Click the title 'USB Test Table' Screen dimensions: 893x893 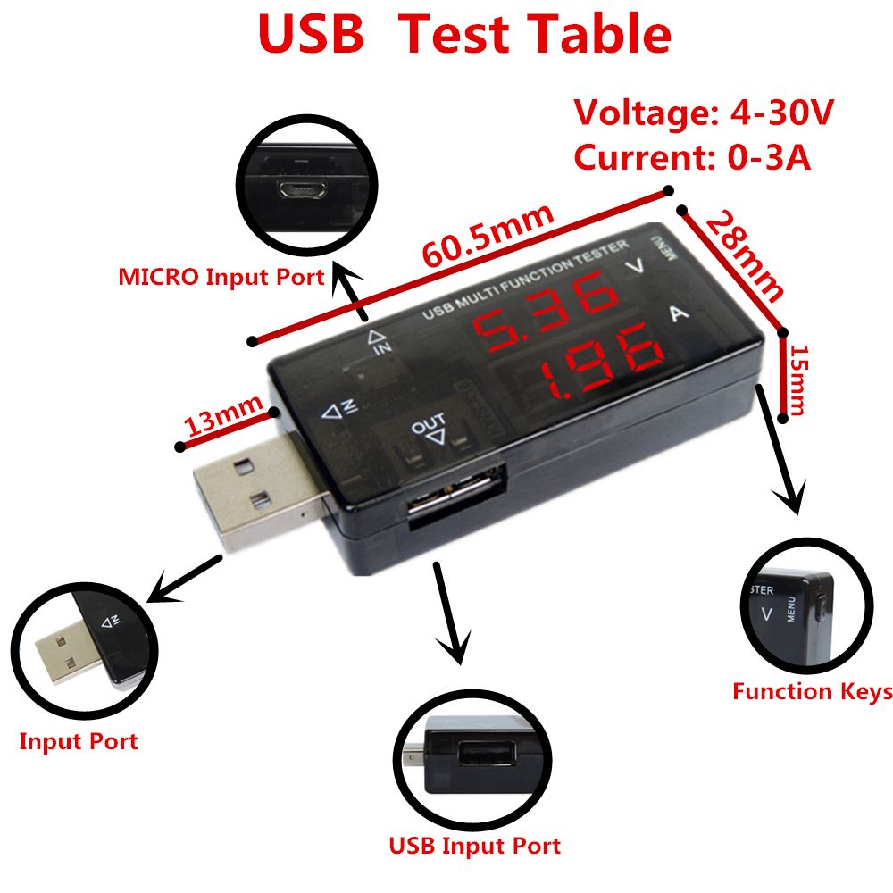(x=464, y=34)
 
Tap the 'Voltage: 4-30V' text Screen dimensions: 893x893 (x=704, y=113)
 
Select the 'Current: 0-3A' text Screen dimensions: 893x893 (x=692, y=156)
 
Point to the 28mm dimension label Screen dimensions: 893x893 (x=746, y=255)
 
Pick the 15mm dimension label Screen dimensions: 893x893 (x=797, y=380)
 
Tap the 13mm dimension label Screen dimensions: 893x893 (x=223, y=416)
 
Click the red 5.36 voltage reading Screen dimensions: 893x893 (x=545, y=311)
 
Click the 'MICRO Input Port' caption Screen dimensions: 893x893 (x=221, y=277)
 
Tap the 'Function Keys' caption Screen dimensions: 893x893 (x=813, y=691)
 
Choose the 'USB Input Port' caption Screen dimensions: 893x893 (x=474, y=846)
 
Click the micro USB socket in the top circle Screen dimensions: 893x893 (x=302, y=189)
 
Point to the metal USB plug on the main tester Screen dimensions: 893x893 (x=259, y=488)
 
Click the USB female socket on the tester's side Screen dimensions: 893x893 (x=456, y=497)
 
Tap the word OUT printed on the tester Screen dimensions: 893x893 (x=429, y=424)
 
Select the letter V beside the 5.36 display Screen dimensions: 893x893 (x=635, y=266)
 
